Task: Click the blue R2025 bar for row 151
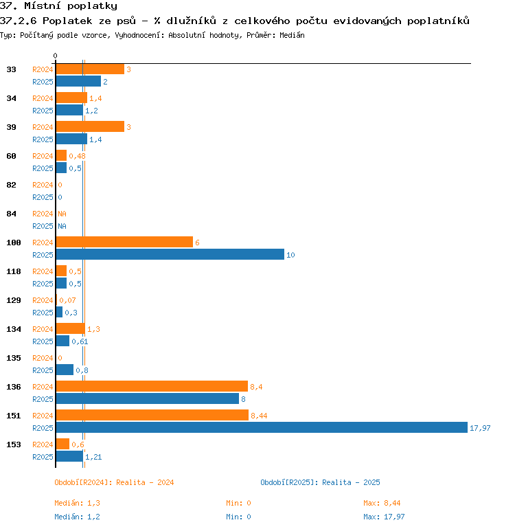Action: [x=262, y=427]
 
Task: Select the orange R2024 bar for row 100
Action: [x=124, y=242]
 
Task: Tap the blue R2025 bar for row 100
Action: [x=170, y=254]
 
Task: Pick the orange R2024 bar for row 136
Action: [x=152, y=386]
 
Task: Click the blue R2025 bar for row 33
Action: [x=78, y=81]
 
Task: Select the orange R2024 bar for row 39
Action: [x=91, y=126]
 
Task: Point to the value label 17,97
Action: [x=480, y=428]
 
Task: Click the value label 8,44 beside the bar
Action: [x=259, y=416]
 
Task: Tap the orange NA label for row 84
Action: [x=62, y=214]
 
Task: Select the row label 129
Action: [x=14, y=300]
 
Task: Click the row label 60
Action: [x=11, y=156]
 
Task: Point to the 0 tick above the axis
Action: [x=56, y=56]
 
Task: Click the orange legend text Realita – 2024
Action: [x=145, y=482]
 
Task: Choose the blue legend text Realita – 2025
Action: [x=351, y=482]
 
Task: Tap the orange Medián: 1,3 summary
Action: [x=77, y=503]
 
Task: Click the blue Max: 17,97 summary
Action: [x=384, y=517]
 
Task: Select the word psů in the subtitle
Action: [x=126, y=21]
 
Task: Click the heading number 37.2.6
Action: [x=19, y=21]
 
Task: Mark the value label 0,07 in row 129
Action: [x=67, y=300]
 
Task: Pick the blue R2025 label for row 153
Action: [x=43, y=457]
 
